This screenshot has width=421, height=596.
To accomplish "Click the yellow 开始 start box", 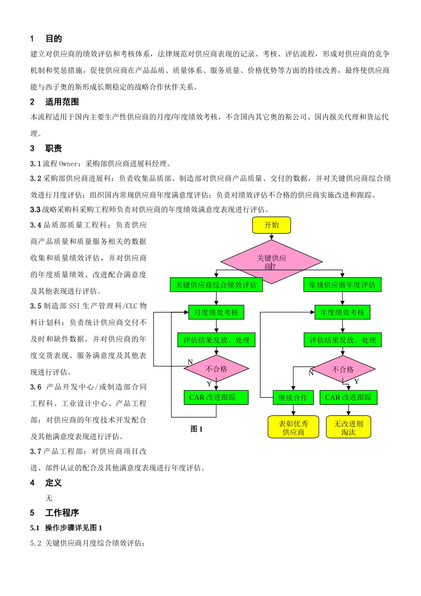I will [272, 225].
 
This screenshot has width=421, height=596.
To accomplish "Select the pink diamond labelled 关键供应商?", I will [272, 262].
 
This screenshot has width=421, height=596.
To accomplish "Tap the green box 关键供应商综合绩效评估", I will [216, 285].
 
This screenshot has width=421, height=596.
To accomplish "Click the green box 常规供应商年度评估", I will [342, 285].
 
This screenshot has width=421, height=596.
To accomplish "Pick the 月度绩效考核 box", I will [216, 313].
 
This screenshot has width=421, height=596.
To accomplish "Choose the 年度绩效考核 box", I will [342, 313].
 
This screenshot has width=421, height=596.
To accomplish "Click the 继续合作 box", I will [293, 398].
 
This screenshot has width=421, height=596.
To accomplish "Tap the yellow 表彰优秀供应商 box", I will [293, 427].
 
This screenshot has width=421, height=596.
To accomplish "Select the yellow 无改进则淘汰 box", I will [348, 427].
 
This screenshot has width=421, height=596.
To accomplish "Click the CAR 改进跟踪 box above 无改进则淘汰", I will [348, 398].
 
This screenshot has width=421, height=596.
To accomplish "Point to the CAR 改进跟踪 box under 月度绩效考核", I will [216, 398].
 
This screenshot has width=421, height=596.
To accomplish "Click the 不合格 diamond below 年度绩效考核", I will [343, 369].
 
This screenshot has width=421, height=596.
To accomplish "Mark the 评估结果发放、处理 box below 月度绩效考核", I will [216, 340].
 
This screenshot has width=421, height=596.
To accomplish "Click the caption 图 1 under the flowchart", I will [196, 429].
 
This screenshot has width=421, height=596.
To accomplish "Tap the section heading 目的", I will [54, 39].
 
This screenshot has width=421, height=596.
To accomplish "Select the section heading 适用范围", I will [62, 102].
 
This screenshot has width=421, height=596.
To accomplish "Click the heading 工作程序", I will [62, 513].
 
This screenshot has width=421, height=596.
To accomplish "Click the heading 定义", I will [54, 483].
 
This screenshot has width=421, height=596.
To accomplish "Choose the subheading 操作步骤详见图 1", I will [74, 528].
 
